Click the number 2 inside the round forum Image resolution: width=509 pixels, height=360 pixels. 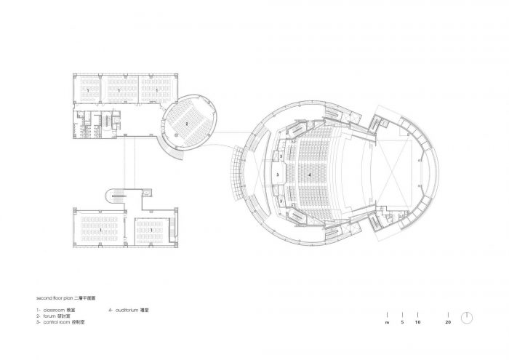pyautogui.click(x=188, y=124)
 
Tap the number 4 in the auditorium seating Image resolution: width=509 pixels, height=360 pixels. pyautogui.click(x=310, y=175)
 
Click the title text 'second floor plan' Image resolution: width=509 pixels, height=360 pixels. pyautogui.click(x=55, y=299)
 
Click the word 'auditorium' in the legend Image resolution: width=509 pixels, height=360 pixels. pyautogui.click(x=129, y=311)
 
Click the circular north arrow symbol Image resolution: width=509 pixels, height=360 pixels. pyautogui.click(x=468, y=318)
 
